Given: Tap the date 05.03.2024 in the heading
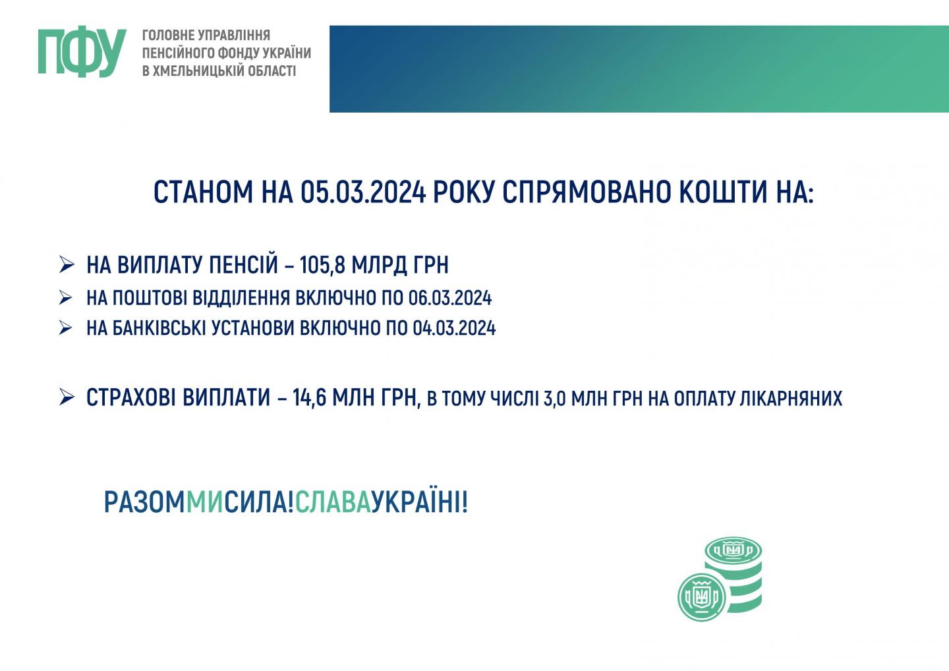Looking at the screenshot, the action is [x=363, y=192].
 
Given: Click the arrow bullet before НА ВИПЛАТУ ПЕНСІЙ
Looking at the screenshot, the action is [x=67, y=264].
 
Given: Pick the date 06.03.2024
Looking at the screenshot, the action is [x=450, y=298].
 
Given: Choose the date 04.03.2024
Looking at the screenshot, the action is [x=454, y=328].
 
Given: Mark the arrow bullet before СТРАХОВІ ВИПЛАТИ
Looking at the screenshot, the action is [x=67, y=397].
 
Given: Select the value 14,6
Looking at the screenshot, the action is [x=309, y=397].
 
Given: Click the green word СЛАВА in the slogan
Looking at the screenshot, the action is [x=333, y=502].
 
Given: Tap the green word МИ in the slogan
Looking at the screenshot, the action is [x=204, y=502].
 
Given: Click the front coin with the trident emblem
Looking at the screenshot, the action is [x=702, y=597].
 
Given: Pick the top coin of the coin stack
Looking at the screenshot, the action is [x=733, y=550].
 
